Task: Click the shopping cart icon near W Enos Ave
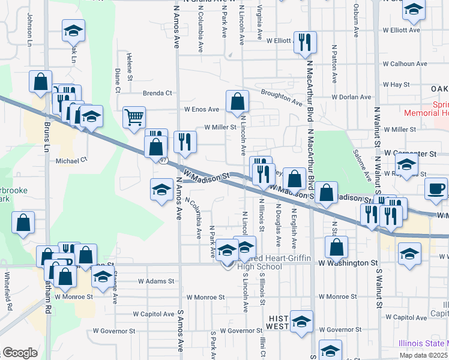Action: pos(134,116)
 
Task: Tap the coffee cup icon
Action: pos(436,188)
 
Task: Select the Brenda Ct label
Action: pos(157,93)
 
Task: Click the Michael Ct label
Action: pos(71,160)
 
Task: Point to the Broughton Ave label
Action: pos(282,98)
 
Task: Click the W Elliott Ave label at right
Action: pos(402,29)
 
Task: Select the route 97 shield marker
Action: pos(163,160)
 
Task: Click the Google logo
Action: pos(20,353)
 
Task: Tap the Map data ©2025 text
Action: pos(424,355)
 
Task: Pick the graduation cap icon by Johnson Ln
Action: pos(73,30)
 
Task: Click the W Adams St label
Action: pos(155,281)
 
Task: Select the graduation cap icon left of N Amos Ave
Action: pos(161,190)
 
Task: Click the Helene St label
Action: pos(129,62)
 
